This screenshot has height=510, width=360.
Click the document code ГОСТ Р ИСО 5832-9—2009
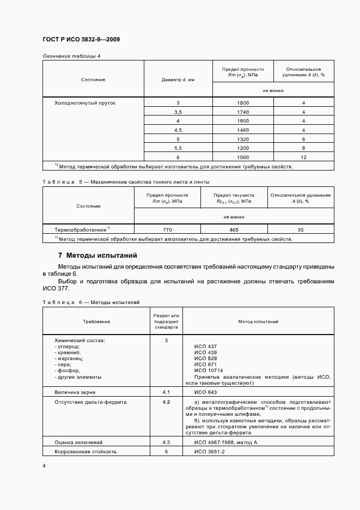pyautogui.click(x=81, y=40)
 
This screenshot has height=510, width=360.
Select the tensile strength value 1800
pyautogui.click(x=243, y=103)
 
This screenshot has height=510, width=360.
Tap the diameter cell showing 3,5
pyautogui.click(x=178, y=112)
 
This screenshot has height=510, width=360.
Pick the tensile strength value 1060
pyautogui.click(x=243, y=157)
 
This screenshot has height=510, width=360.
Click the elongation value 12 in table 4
pyautogui.click(x=304, y=157)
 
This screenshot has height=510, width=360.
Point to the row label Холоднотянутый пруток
pyautogui.click(x=85, y=103)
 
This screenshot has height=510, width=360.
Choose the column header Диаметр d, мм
pyautogui.click(x=178, y=80)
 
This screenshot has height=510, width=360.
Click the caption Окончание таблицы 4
pyautogui.click(x=71, y=56)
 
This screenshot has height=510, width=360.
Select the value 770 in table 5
pyautogui.click(x=167, y=230)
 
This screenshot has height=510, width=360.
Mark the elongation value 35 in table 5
pyautogui.click(x=301, y=230)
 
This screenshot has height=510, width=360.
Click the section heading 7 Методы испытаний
pyautogui.click(x=97, y=255)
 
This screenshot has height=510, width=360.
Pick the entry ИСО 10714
pyautogui.click(x=208, y=370)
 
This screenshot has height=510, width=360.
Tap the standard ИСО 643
pyautogui.click(x=205, y=392)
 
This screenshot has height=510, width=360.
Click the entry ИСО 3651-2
pyautogui.click(x=209, y=452)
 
